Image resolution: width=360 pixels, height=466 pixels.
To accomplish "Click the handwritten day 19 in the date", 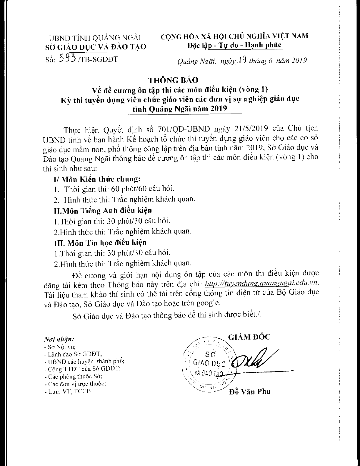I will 242,61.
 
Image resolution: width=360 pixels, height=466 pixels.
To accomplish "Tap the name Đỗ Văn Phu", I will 249,392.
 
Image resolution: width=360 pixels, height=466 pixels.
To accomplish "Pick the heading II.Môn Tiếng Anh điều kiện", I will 103,210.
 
